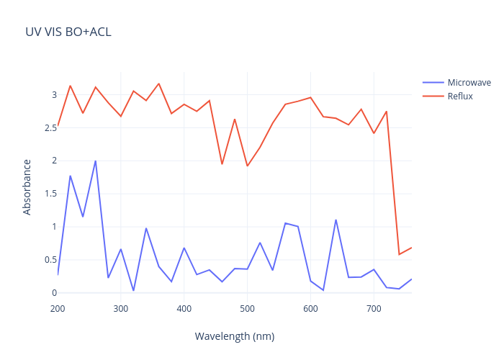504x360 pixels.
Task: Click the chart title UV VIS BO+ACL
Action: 68,32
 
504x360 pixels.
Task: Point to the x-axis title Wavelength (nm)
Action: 235,336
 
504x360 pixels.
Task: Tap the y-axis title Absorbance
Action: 27,187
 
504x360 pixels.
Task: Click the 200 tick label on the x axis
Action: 58,309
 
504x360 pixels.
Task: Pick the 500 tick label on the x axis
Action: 247,309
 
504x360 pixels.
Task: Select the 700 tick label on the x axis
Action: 374,309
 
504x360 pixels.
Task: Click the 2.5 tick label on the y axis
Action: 50,128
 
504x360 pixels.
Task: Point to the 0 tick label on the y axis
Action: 54,293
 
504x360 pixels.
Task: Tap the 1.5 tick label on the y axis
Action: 50,194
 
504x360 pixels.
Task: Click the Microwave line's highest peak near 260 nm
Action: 96,161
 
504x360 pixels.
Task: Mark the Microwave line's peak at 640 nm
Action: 336,220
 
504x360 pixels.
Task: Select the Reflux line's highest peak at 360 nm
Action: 159,84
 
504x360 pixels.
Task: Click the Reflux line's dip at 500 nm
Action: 247,166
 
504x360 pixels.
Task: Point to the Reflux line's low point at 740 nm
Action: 399,254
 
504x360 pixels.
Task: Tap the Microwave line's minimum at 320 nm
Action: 133,291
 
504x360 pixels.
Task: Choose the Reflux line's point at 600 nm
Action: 310,97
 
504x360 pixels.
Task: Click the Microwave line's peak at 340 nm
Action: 146,228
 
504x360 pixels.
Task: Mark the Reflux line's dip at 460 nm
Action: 222,164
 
